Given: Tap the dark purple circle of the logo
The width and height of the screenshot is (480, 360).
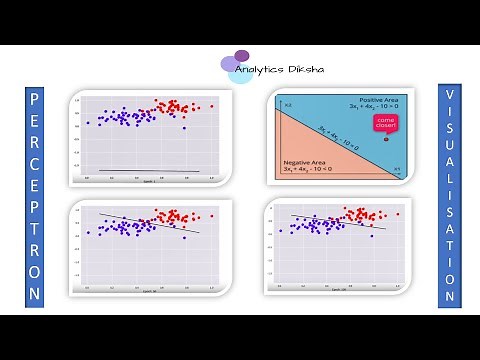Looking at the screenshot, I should [x=241, y=55].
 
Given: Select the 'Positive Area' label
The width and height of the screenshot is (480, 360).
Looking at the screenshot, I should [x=379, y=98].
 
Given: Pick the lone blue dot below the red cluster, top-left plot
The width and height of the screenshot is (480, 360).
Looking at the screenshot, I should [x=184, y=128].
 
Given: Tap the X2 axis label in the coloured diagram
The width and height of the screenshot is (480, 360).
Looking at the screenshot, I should [x=286, y=104].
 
